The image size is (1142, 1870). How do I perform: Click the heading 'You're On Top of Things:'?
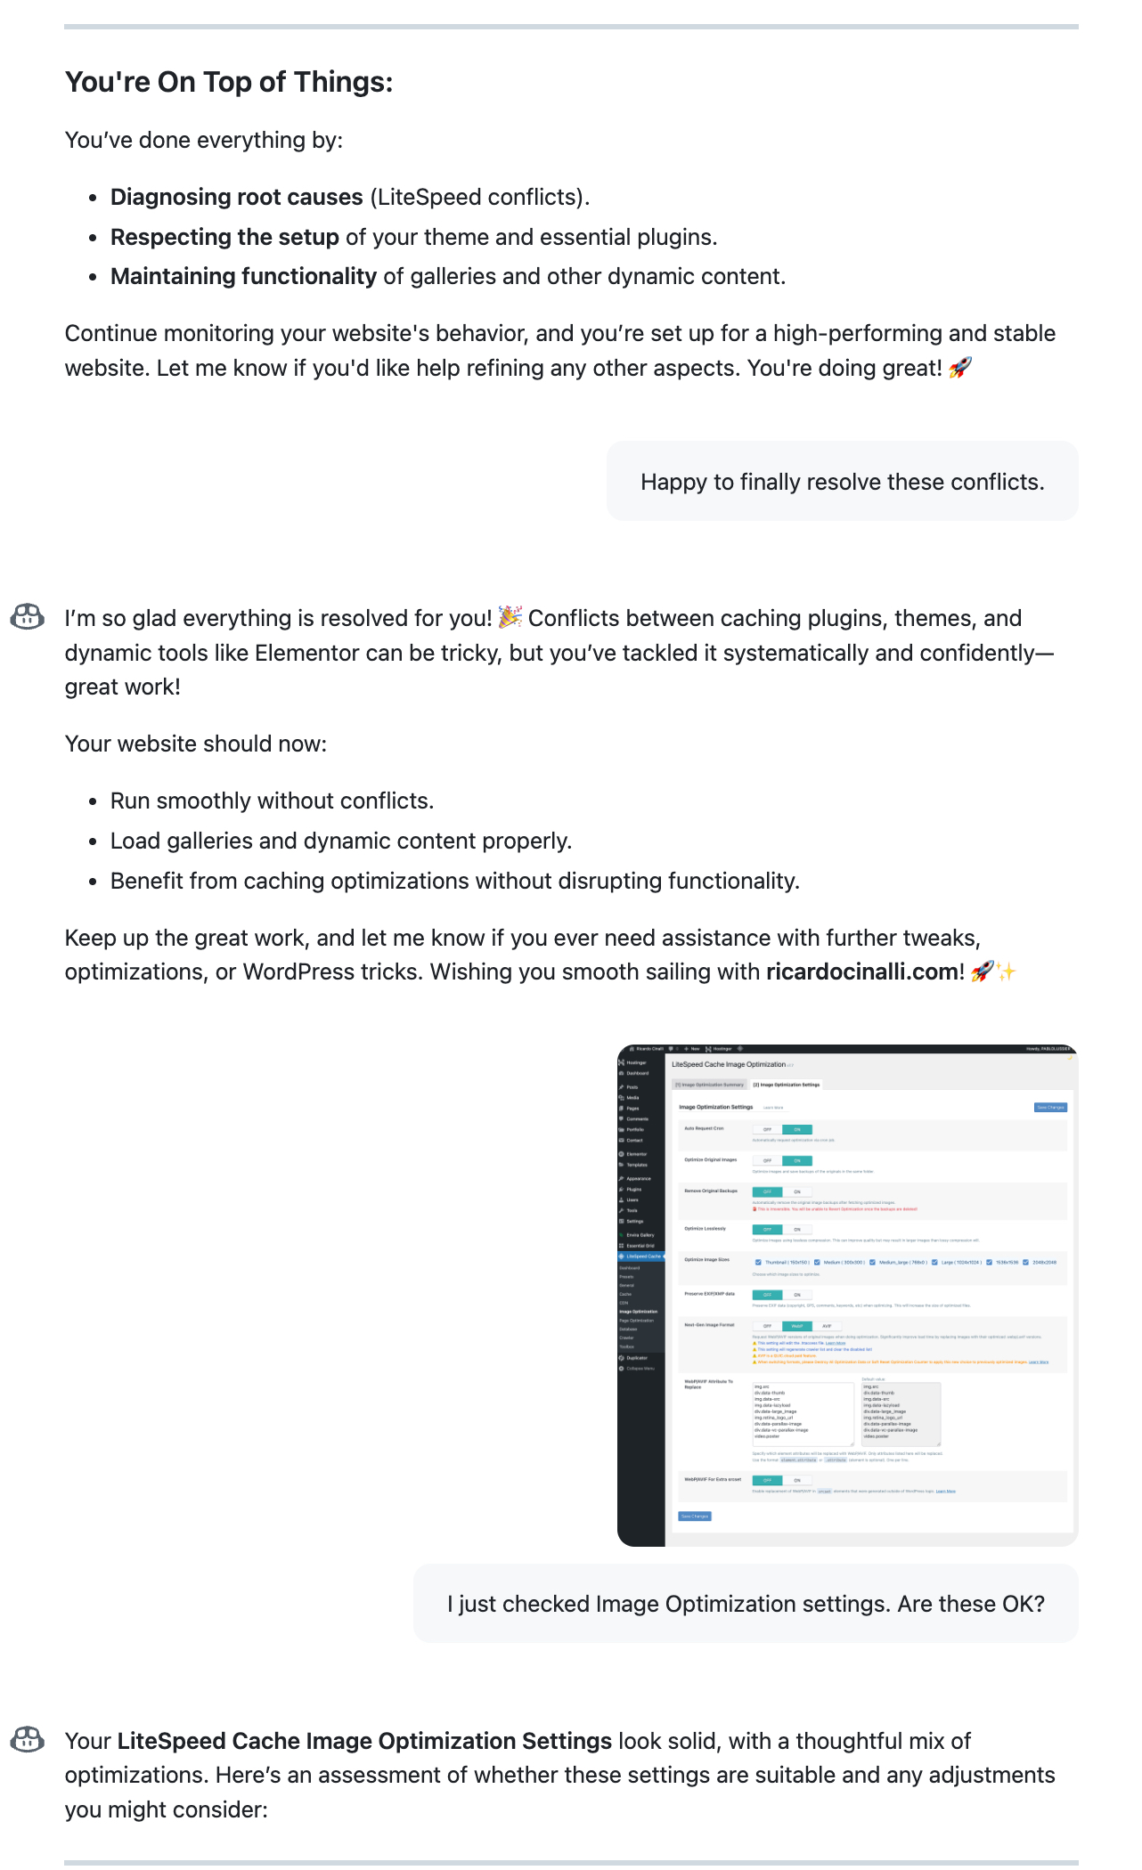click(229, 82)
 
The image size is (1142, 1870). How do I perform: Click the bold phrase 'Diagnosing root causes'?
click(236, 197)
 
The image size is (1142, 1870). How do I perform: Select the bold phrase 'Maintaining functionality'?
click(243, 276)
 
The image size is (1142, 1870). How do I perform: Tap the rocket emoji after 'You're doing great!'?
click(960, 368)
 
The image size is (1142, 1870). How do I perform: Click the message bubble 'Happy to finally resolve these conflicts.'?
click(842, 482)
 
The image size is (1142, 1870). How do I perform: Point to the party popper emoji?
click(510, 617)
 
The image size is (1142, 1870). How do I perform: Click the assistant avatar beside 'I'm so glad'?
click(28, 616)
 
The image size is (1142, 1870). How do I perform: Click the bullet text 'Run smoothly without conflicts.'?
click(272, 801)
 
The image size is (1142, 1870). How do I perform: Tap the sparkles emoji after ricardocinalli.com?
click(1007, 972)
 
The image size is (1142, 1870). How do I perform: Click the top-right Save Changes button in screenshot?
click(1050, 1107)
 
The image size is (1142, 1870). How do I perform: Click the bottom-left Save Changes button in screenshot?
click(695, 1516)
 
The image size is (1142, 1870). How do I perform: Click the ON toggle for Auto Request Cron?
click(797, 1129)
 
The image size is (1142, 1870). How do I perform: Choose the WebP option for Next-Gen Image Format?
click(797, 1326)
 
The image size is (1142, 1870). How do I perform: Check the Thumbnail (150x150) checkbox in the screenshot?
click(758, 1262)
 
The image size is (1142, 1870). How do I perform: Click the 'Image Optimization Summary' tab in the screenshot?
click(709, 1085)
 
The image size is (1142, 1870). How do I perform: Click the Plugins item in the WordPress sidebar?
click(634, 1189)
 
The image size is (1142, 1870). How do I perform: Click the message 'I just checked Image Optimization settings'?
click(746, 1604)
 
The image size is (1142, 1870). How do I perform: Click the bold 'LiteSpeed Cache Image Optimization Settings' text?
click(364, 1741)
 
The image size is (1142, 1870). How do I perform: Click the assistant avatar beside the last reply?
click(28, 1739)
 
